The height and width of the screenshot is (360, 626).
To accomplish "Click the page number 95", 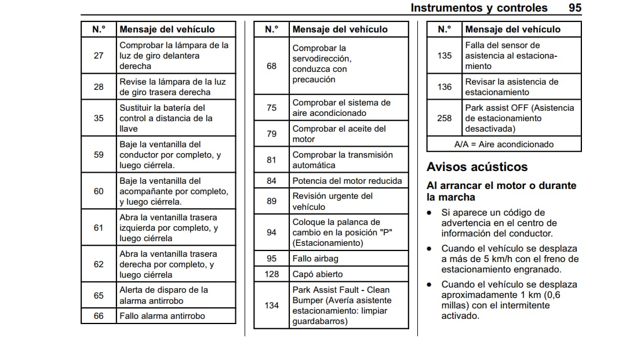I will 574,8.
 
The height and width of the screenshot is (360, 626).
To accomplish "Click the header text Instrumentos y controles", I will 479,8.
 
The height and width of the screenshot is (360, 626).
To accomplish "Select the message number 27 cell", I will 99,56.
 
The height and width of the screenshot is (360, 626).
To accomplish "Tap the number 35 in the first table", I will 99,118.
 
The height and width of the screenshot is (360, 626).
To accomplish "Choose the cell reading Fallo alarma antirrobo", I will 162,316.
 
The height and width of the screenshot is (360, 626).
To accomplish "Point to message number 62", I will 99,264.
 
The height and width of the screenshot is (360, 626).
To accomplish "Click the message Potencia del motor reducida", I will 347,180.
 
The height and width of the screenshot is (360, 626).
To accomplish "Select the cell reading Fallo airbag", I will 315,259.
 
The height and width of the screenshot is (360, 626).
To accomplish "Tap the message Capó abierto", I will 318,274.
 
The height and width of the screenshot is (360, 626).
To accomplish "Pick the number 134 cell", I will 272,306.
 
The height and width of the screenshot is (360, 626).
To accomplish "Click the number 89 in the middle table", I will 272,201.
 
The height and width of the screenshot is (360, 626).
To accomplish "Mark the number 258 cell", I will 445,118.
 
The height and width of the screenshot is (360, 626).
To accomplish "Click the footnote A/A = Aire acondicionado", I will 504,144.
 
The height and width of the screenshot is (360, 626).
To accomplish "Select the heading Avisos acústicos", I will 477,167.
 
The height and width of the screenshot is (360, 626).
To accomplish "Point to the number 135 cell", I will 445,56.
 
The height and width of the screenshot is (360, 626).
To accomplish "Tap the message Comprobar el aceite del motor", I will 339,134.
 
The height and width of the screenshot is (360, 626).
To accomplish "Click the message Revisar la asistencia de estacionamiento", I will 511,87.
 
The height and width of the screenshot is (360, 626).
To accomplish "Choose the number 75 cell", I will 272,108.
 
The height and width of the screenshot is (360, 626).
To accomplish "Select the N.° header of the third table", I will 445,29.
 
